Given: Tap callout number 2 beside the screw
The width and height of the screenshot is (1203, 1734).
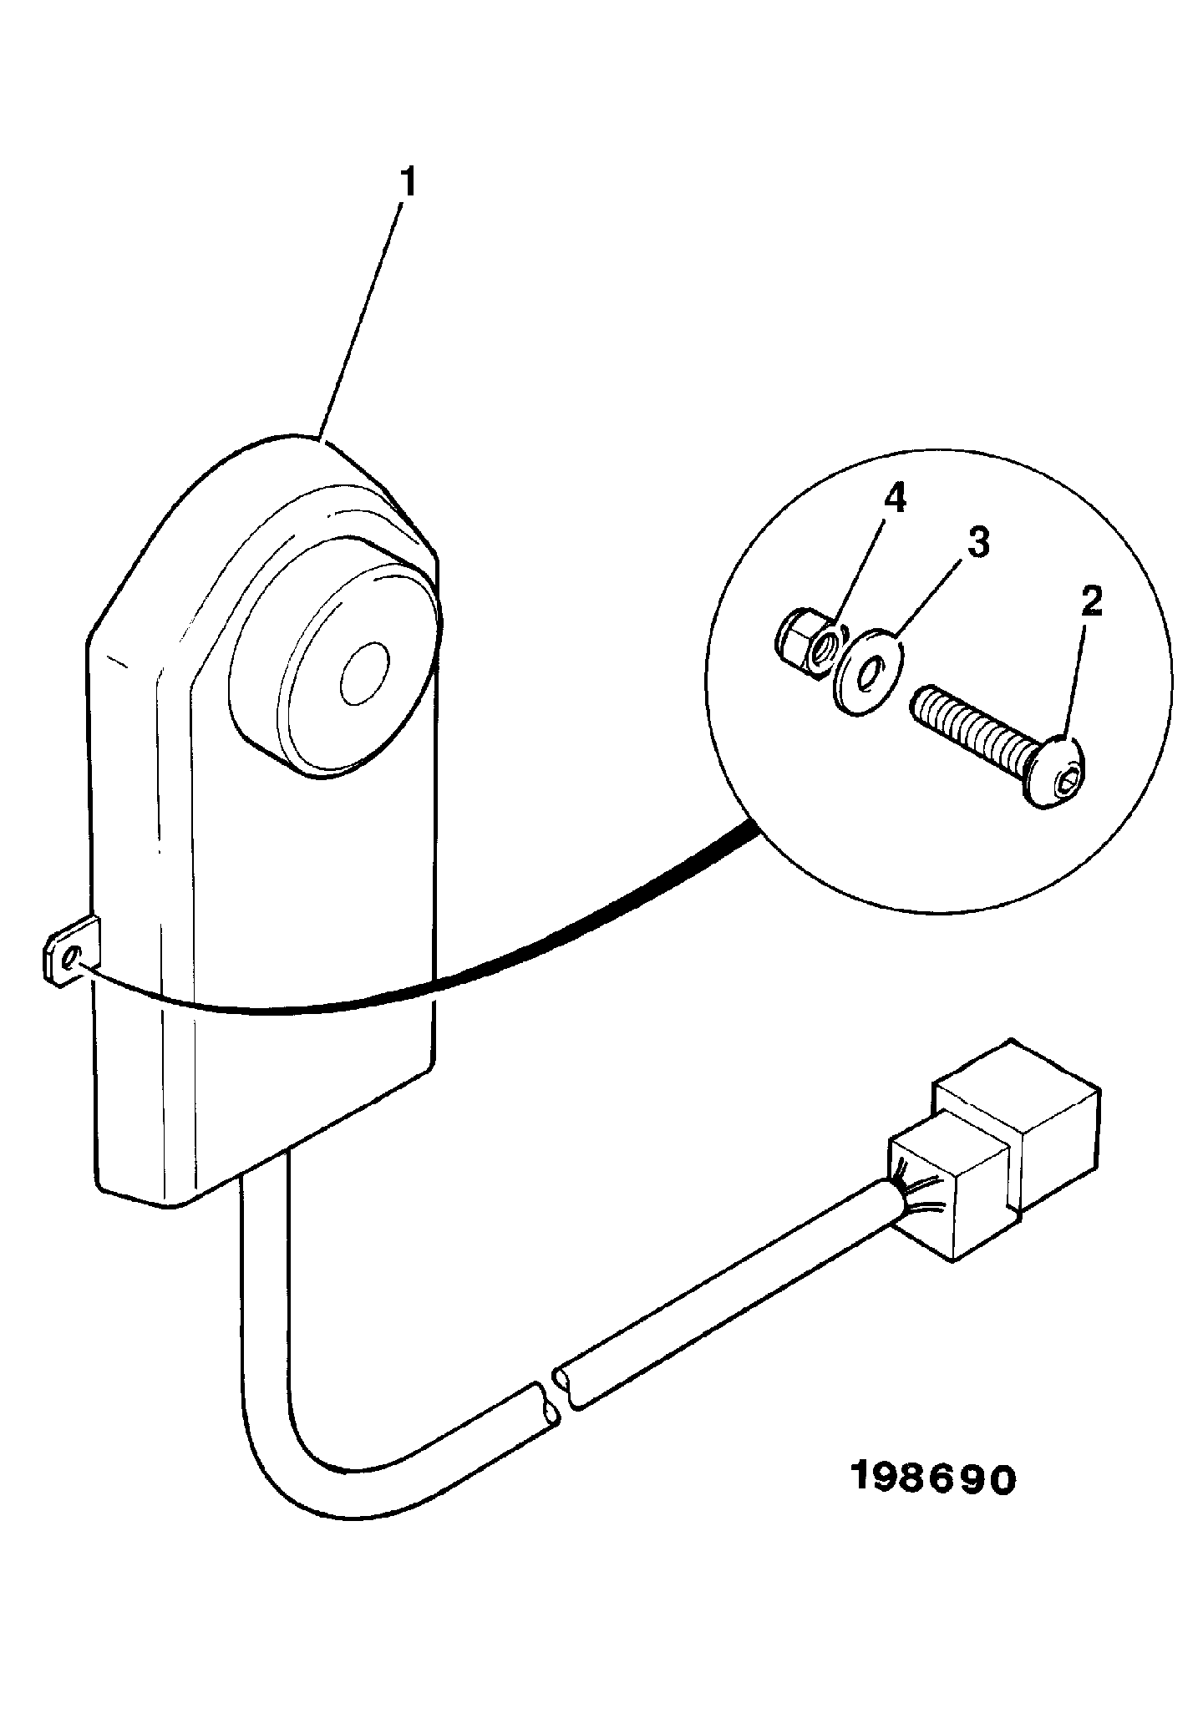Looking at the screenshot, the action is click(x=1091, y=603).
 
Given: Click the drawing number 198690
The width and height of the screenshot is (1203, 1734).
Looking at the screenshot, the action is click(x=932, y=1479).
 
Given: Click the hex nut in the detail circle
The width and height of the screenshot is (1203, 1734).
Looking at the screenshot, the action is click(x=799, y=641).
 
